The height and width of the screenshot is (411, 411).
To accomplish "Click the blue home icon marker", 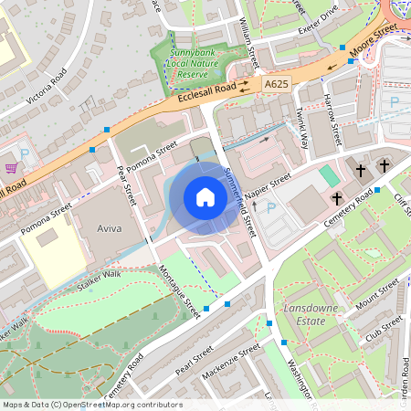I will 205,197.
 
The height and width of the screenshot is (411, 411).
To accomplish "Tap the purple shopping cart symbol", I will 11,168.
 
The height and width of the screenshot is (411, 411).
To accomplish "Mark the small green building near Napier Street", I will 328,174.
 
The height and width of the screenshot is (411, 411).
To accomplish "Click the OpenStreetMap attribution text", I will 91,405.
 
